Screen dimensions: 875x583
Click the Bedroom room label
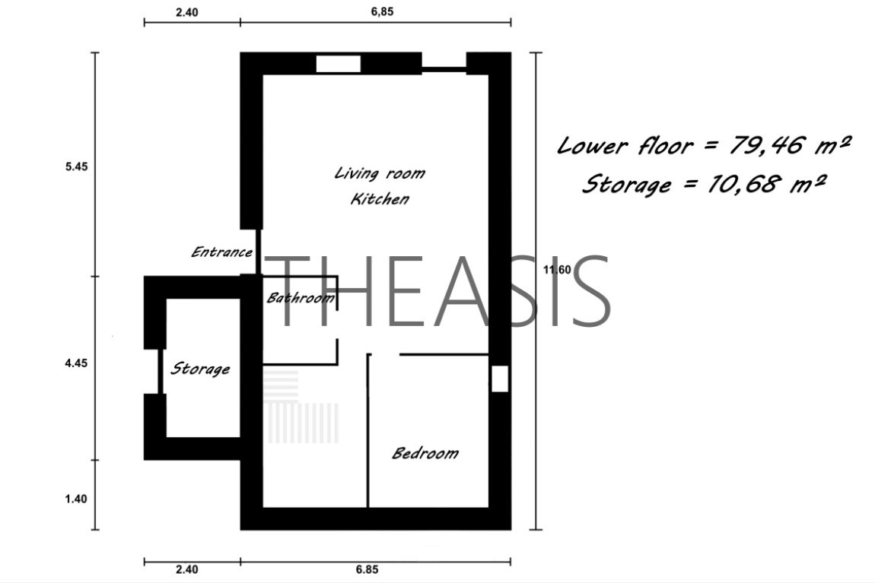pos(425,452)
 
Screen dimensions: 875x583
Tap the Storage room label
pos(200,369)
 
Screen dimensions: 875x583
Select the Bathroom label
pos(301,298)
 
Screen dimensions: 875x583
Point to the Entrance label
pos(221,252)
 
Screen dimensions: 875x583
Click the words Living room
pos(380,173)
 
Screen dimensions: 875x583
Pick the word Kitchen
pos(380,198)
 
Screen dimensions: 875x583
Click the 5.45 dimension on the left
pos(76,166)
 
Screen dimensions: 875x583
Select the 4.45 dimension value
pos(76,363)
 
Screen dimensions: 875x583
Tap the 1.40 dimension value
pos(76,499)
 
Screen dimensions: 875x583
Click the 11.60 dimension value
pos(557,270)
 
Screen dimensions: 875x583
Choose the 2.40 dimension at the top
pos(187,12)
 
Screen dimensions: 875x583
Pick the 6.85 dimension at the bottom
pos(367,569)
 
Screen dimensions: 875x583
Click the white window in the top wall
pos(338,64)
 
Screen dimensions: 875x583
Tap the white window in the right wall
pos(500,379)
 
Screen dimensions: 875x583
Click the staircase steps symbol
pos(301,407)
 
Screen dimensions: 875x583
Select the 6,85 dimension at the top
pos(382,11)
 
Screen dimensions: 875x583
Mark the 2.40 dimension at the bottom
pos(187,569)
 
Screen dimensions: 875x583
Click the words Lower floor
pos(625,146)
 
